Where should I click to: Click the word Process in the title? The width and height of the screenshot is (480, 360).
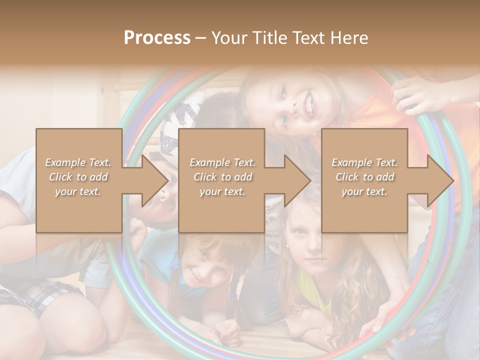tap(157, 38)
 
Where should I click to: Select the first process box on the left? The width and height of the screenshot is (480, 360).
tap(78, 180)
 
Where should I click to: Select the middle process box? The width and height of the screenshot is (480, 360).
tap(221, 180)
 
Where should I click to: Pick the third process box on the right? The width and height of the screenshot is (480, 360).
tap(364, 180)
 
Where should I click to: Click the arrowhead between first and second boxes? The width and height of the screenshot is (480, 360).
tap(155, 180)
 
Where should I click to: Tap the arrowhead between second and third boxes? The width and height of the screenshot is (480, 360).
tap(298, 180)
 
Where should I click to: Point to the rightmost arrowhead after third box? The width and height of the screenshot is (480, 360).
tap(440, 180)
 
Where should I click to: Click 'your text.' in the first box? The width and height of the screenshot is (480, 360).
tap(78, 191)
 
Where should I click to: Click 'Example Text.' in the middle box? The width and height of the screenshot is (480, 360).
tap(222, 162)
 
